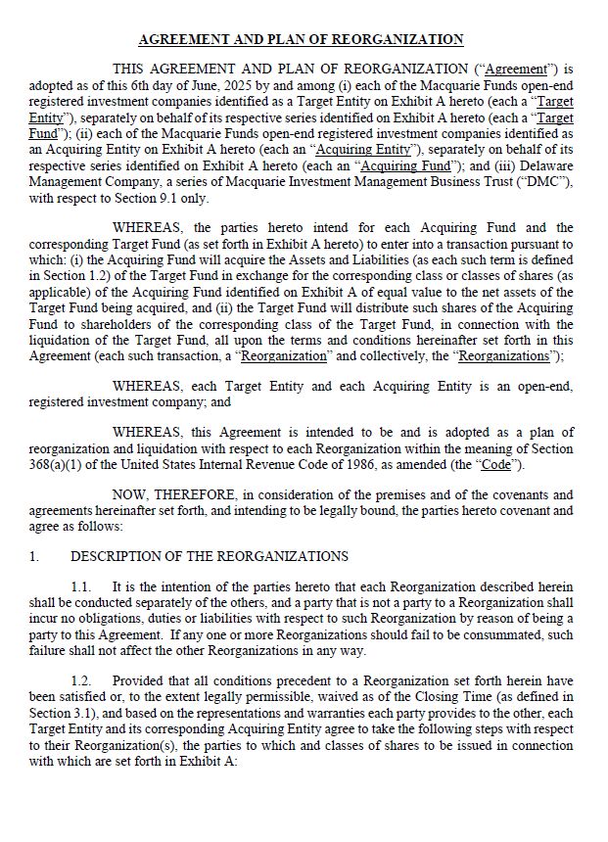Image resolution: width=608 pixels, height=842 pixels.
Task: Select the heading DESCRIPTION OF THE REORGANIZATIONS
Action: tap(210, 556)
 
